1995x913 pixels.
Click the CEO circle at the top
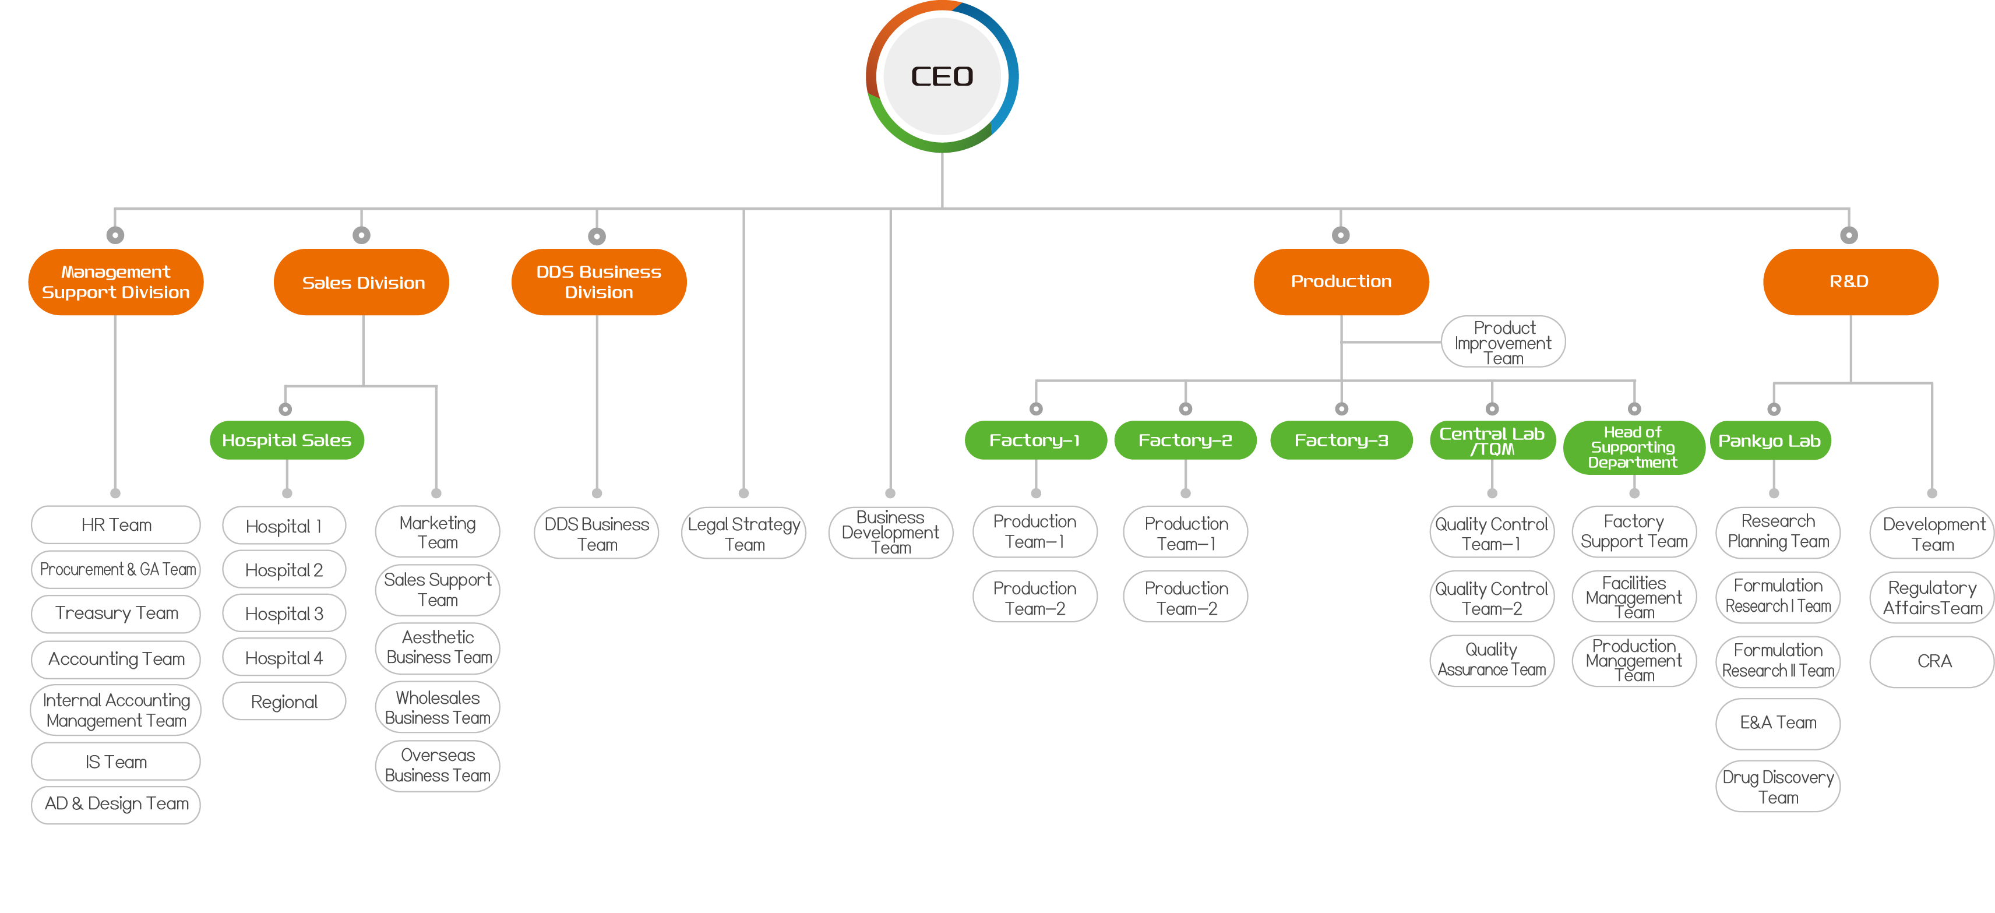[942, 76]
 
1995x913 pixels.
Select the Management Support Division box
[115, 282]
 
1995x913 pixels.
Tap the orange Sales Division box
[362, 282]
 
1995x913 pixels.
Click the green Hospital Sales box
[287, 440]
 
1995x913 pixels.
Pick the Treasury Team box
[116, 614]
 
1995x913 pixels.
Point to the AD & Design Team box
[116, 804]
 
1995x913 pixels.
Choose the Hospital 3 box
[284, 614]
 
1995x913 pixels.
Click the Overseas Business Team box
[438, 765]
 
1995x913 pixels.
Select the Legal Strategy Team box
[743, 534]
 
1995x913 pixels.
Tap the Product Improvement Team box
[1503, 342]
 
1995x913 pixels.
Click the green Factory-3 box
[1341, 440]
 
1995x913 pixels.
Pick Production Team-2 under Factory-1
[1035, 598]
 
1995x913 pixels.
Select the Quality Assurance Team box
[1492, 660]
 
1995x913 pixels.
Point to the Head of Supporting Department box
[1633, 447]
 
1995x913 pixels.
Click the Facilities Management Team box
[1633, 597]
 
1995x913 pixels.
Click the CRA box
[1933, 661]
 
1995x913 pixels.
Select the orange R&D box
[1849, 282]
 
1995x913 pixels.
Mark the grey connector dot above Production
[1341, 235]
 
